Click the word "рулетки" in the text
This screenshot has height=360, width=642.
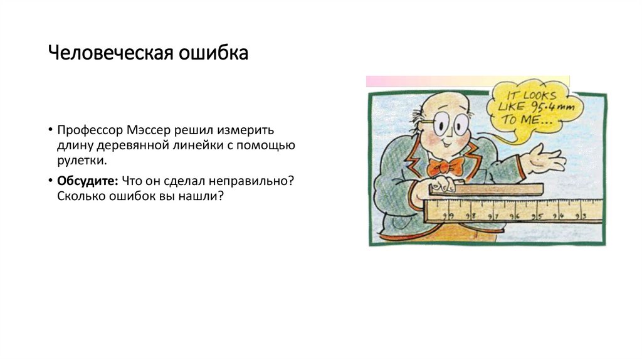[80, 161]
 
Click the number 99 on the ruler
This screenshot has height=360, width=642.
[448, 216]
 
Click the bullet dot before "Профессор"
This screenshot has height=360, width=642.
[49, 130]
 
